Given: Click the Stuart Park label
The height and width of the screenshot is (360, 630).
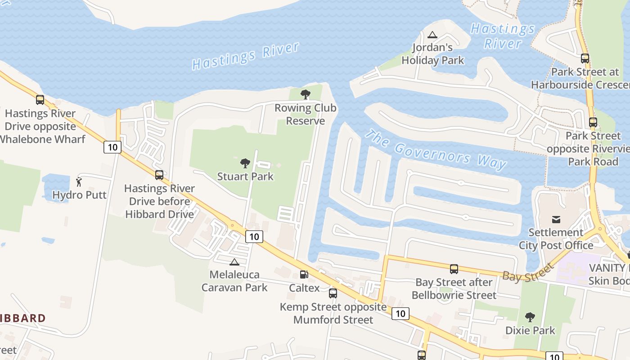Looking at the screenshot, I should click(245, 176).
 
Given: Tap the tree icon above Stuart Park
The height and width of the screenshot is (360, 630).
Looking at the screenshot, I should click(245, 163).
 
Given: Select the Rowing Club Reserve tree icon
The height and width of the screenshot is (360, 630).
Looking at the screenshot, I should click(306, 94).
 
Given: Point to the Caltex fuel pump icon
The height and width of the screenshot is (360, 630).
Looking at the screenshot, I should click(304, 274).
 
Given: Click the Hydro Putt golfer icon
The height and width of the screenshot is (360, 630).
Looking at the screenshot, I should click(79, 182).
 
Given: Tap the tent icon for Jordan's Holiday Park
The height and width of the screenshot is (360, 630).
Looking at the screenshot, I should click(432, 35).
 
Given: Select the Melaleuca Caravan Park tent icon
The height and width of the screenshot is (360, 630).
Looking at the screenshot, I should click(234, 262).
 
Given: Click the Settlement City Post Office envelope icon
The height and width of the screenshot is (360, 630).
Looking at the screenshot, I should click(556, 220).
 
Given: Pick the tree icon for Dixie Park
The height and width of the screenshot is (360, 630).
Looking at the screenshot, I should click(530, 317).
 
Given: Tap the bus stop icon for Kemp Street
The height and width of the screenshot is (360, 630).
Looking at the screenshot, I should click(333, 293).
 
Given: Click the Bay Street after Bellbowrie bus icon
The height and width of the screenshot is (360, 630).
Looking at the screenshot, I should click(454, 269).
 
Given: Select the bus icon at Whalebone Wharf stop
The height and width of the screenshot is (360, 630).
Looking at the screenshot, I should click(40, 100).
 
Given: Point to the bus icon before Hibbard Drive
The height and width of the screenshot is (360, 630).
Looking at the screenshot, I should click(159, 175).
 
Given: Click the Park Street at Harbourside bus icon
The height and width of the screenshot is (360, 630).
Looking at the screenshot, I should click(585, 58).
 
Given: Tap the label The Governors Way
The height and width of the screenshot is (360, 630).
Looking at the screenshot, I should click(435, 149).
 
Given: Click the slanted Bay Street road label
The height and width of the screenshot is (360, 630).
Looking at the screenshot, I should click(527, 272).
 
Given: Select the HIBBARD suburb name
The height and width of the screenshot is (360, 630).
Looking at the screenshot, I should click(22, 318).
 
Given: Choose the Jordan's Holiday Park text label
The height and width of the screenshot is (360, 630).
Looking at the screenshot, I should click(432, 54).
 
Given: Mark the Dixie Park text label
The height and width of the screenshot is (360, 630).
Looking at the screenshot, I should click(530, 330).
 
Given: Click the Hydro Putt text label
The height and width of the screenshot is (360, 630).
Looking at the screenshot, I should click(79, 195).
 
